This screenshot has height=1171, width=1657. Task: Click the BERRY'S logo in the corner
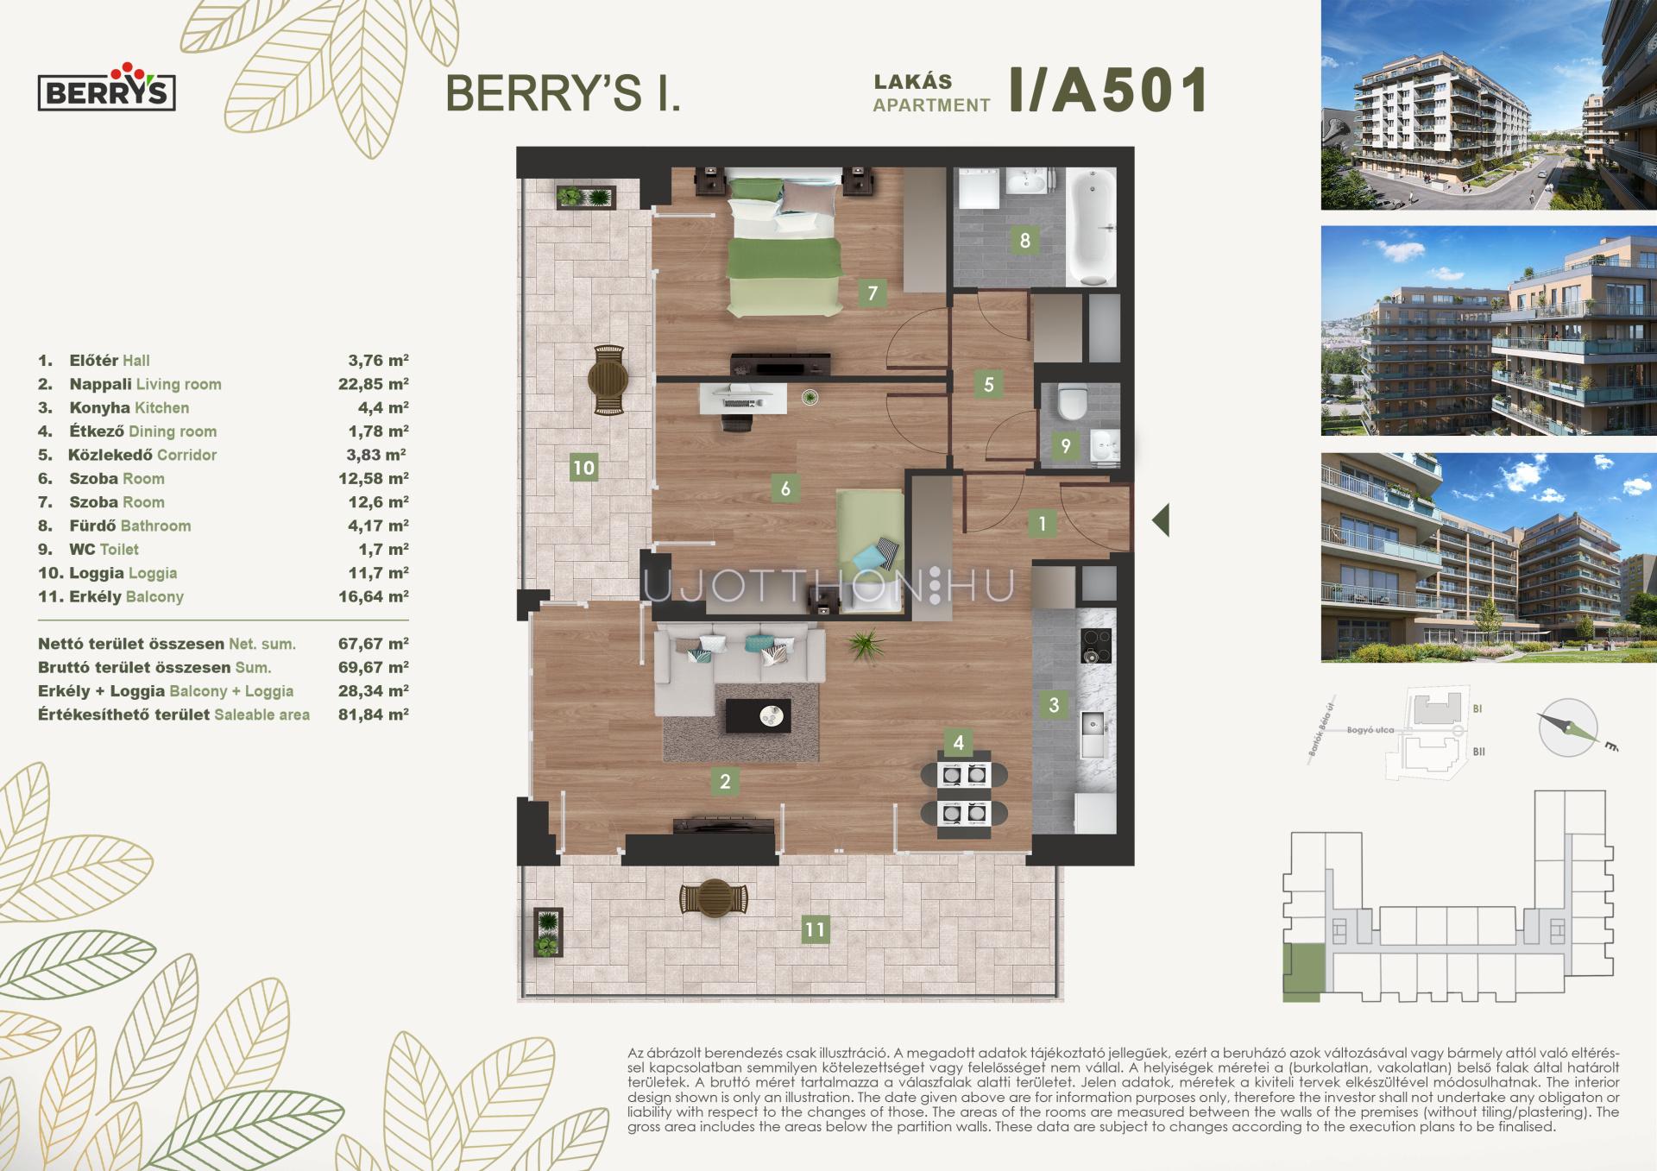click(106, 86)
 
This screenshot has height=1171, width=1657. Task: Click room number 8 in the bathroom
click(1024, 240)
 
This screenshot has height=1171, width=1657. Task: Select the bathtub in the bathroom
click(1092, 227)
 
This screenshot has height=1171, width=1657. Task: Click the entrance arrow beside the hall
click(1161, 520)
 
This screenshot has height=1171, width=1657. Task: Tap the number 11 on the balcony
click(814, 929)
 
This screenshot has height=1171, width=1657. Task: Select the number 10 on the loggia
click(583, 468)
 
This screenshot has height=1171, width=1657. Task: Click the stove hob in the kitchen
click(1096, 646)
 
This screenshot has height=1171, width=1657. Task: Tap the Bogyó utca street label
click(1370, 730)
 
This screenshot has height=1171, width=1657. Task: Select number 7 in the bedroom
click(872, 293)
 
